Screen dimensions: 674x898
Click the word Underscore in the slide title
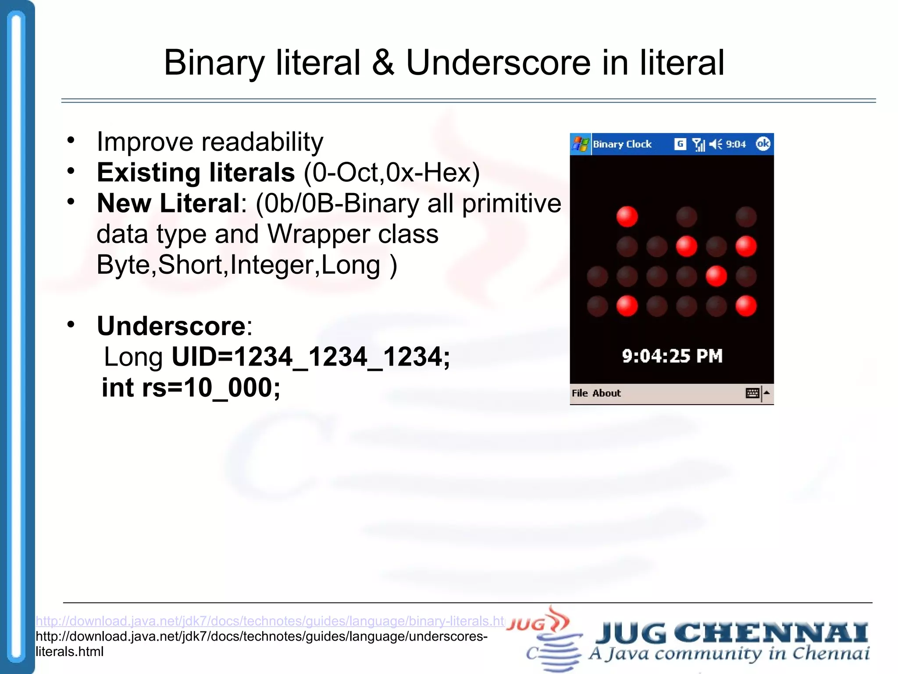(498, 63)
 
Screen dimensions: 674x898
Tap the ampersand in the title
(383, 63)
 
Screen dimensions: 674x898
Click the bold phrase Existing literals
(196, 172)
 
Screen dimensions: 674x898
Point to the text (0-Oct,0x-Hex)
(392, 172)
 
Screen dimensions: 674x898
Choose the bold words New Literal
(168, 203)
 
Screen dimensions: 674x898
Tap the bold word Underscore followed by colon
(174, 326)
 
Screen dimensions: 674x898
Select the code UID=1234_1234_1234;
(310, 357)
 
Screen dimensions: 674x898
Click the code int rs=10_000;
(191, 388)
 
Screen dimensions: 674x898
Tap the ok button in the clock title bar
(763, 144)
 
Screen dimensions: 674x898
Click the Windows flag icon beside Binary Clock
(581, 144)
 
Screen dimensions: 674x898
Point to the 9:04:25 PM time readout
(672, 356)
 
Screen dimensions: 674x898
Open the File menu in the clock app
(580, 393)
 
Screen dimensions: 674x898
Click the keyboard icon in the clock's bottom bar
(752, 393)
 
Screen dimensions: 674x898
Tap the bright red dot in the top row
(627, 216)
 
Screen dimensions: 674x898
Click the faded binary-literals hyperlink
(270, 621)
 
